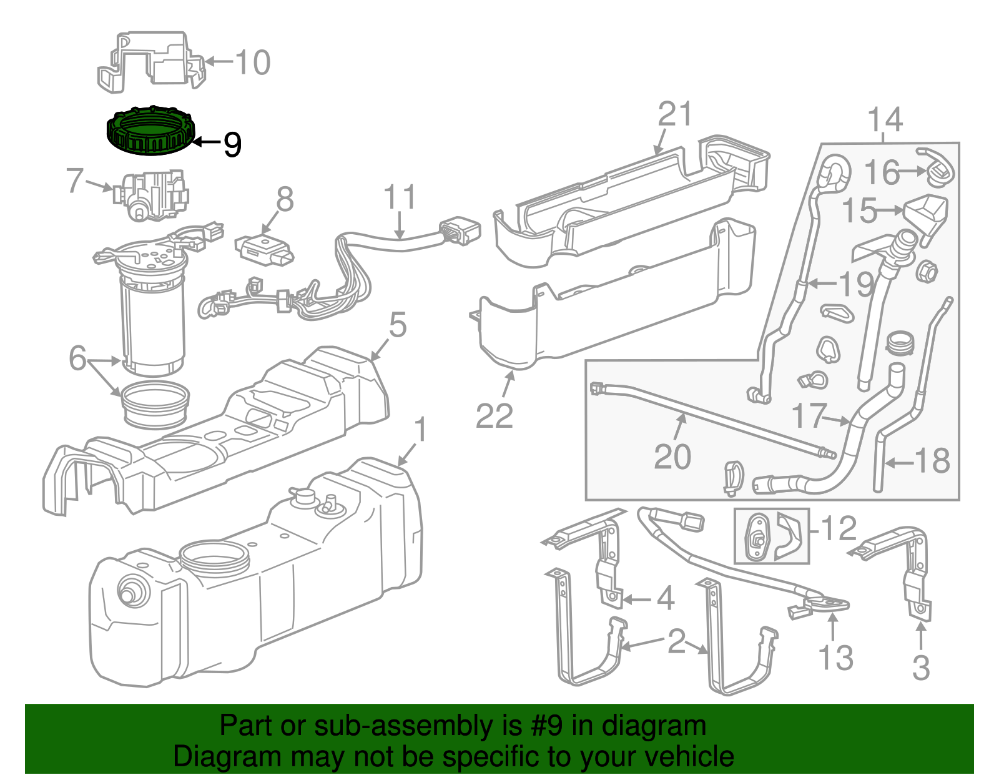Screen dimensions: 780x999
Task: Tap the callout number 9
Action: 232,145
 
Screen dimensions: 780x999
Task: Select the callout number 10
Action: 252,62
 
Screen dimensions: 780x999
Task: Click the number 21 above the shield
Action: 675,115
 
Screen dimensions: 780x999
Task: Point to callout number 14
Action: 885,119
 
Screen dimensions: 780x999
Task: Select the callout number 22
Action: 494,416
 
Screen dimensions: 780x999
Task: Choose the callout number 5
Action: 397,326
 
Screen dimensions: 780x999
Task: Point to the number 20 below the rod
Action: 672,457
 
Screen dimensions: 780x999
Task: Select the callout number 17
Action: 809,415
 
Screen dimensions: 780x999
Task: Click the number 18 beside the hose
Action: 932,462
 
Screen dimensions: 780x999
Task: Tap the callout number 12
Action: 838,529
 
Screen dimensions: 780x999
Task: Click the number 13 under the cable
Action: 835,658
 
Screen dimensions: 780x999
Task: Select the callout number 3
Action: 921,667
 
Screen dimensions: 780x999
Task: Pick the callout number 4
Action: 666,599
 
